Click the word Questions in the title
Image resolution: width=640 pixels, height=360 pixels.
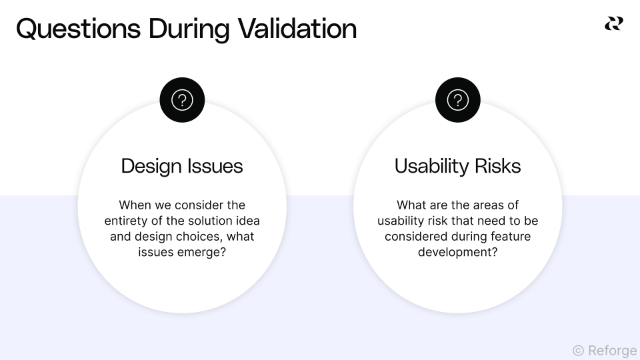78,29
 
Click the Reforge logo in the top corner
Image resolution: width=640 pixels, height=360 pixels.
613,24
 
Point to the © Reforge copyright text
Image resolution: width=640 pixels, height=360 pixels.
604,350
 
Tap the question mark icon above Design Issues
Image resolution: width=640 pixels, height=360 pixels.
182,100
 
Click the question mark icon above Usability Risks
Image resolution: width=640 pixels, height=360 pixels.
457,100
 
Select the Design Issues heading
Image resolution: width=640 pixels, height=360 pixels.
182,166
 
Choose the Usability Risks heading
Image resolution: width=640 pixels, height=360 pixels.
457,166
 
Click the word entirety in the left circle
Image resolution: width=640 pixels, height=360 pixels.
127,221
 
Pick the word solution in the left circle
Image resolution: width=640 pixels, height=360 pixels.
201,221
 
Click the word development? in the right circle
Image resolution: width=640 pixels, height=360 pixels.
457,253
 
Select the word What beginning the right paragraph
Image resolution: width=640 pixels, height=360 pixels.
412,205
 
